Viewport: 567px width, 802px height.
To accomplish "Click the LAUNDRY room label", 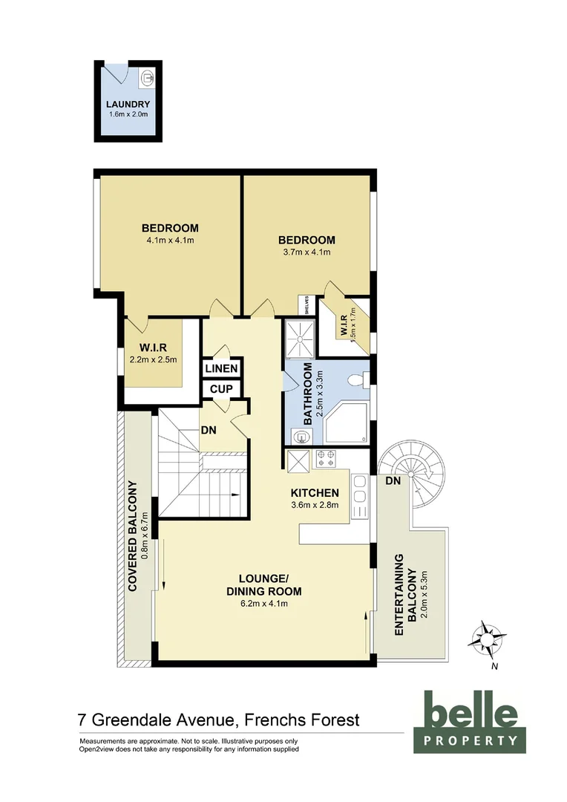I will [128, 105].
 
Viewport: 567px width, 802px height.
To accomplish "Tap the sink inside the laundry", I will [148, 76].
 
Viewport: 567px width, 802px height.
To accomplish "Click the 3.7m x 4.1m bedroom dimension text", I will [307, 252].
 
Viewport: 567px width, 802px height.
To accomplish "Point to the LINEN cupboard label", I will [222, 369].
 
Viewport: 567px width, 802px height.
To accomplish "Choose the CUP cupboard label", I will [221, 389].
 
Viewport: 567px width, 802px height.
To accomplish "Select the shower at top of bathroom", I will [300, 339].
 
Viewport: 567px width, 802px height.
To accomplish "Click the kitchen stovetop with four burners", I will [327, 459].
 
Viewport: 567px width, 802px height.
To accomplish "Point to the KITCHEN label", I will [315, 493].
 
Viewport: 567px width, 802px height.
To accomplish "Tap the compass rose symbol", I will [488, 638].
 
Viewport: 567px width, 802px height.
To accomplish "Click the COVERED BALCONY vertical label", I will [134, 536].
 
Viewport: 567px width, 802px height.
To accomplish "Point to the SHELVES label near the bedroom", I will [303, 305].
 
